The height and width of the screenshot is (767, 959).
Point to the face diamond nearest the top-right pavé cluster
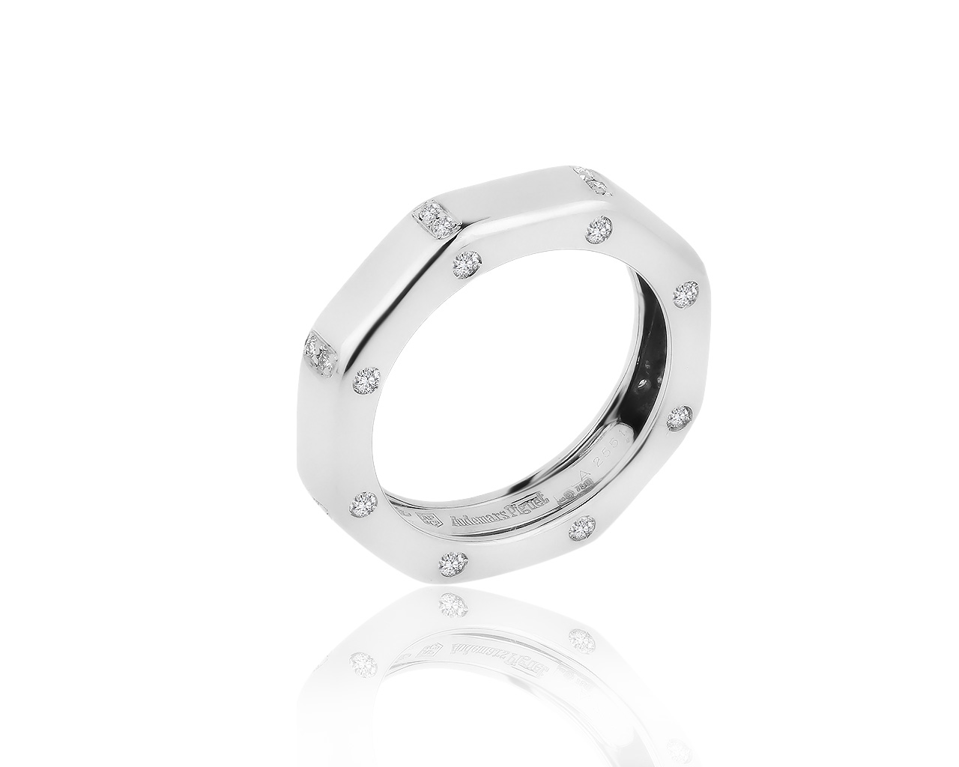point(599,229)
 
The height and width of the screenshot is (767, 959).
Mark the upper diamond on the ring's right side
point(687,294)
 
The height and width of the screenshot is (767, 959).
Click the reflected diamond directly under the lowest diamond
point(454,603)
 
